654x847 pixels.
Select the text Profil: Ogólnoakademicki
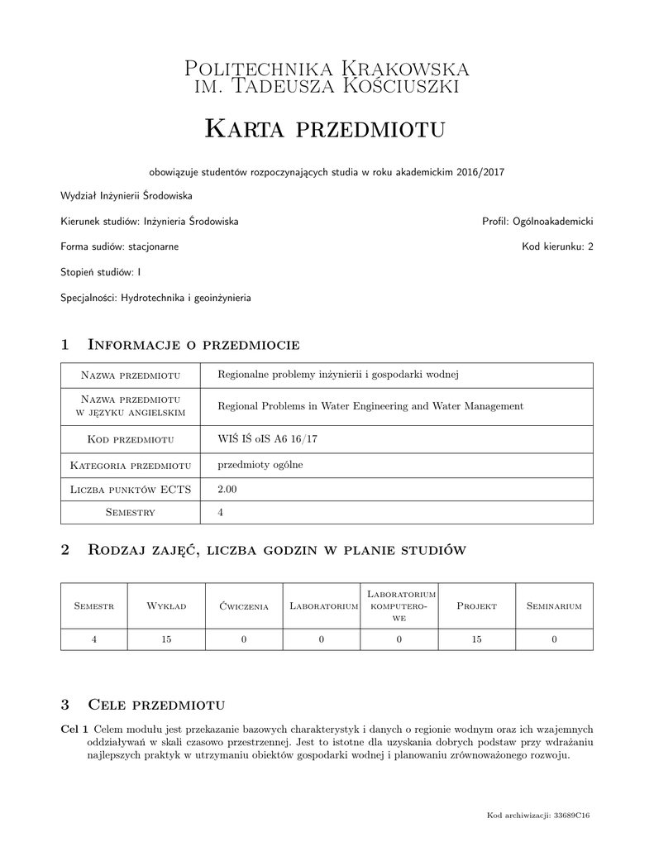point(537,222)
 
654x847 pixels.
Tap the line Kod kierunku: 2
point(557,246)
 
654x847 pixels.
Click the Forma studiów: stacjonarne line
point(120,246)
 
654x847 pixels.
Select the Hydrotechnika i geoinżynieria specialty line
point(156,297)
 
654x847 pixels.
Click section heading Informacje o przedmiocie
point(193,344)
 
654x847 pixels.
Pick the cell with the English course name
point(370,406)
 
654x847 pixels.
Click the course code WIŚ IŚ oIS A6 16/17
point(267,438)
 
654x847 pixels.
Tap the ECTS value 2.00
point(227,489)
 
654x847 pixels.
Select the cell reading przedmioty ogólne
point(260,465)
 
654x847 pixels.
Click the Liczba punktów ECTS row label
point(131,490)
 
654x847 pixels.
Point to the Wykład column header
point(166,606)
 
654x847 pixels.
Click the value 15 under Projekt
point(476,639)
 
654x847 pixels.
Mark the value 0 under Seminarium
point(554,639)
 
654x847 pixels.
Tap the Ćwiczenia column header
point(244,606)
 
